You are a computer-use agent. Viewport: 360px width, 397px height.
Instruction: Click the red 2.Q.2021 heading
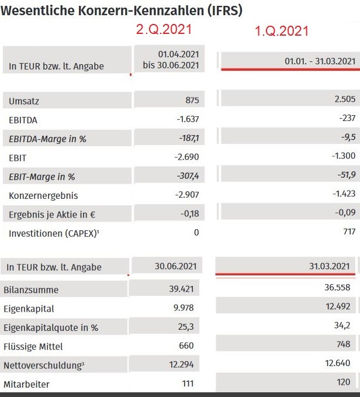tap(165, 29)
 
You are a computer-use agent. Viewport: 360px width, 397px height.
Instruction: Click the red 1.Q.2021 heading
tap(282, 31)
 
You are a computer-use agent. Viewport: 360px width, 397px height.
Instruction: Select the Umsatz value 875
tap(192, 101)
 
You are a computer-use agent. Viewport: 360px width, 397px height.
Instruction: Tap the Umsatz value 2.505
tap(345, 99)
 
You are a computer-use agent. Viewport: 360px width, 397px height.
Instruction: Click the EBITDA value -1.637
tap(187, 120)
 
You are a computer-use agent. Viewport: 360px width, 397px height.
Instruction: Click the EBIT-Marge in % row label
tap(42, 177)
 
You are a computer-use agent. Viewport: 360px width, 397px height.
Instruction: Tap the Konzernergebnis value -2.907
tap(187, 195)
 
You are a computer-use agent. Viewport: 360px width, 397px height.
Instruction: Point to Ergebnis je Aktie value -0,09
tap(347, 213)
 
